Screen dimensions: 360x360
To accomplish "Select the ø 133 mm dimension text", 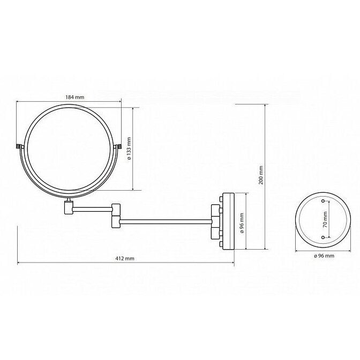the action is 129,148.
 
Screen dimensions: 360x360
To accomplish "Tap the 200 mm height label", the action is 260,175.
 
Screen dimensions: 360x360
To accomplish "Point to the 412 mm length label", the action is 125,259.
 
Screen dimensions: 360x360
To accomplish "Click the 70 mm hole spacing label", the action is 325,220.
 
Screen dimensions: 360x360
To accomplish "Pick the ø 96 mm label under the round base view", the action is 324,256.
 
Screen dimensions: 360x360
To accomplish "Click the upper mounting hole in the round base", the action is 323,201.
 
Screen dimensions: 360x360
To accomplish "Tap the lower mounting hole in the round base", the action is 323,237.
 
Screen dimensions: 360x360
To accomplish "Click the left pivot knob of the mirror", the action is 18,146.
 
